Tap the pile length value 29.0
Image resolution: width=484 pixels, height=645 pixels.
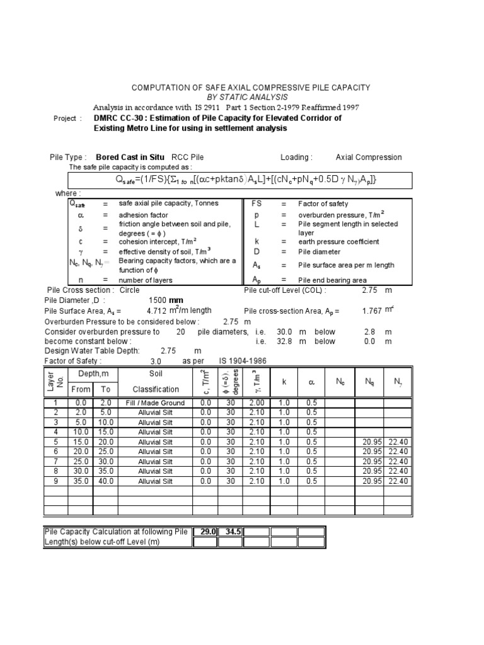click(207, 532)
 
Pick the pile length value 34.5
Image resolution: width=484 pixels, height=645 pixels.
click(233, 532)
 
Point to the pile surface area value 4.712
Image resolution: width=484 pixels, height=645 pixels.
click(156, 311)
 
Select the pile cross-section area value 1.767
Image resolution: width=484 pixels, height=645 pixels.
click(372, 311)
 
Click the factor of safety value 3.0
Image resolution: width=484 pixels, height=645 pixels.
click(156, 362)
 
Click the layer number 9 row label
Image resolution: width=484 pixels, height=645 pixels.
click(55, 481)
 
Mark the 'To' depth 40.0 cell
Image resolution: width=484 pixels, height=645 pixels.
click(105, 481)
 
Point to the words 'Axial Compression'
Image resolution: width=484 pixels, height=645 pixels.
click(369, 157)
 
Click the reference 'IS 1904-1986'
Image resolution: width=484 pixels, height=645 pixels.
click(243, 362)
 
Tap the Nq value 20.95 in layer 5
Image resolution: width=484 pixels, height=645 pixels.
click(372, 442)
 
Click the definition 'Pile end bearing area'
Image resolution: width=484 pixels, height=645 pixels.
click(332, 280)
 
